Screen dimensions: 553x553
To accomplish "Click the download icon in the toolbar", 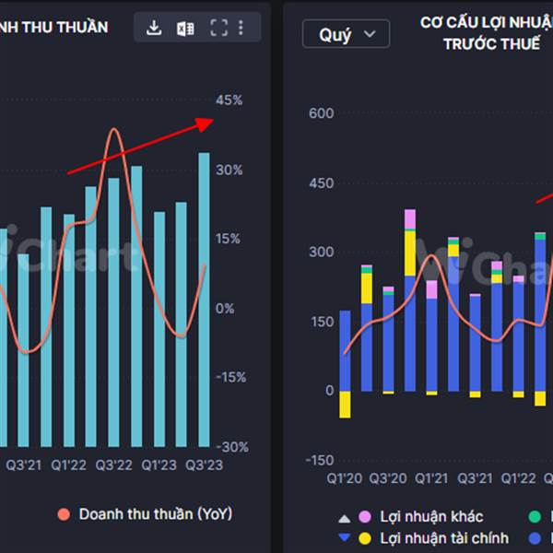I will tap(154, 29).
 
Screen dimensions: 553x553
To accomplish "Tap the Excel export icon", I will tap(186, 29).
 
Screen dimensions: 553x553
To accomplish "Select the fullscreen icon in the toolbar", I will tap(218, 29).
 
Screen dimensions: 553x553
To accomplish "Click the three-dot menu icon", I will tap(241, 29).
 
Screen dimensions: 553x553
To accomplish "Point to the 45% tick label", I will tap(229, 100).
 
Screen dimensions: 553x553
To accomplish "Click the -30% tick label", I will tap(231, 446).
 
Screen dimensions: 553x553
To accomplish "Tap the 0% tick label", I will tap(225, 308).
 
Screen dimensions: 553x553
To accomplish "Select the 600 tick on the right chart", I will tap(322, 113).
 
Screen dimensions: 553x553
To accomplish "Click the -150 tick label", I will tap(319, 460).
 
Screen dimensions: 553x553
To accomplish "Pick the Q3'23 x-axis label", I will tap(204, 465).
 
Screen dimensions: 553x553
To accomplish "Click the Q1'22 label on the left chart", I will tap(69, 465).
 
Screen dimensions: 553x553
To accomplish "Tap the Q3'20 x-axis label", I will tap(388, 478).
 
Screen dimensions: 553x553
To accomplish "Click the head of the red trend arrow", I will tap(210, 121).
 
